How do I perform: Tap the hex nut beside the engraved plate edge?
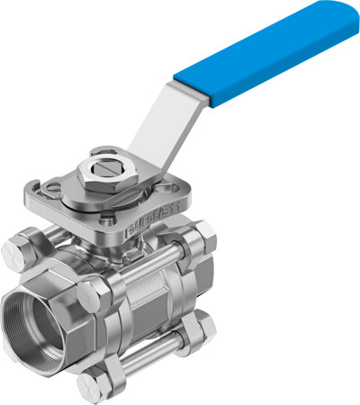[203, 235]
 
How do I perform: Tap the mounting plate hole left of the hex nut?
[53, 184]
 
